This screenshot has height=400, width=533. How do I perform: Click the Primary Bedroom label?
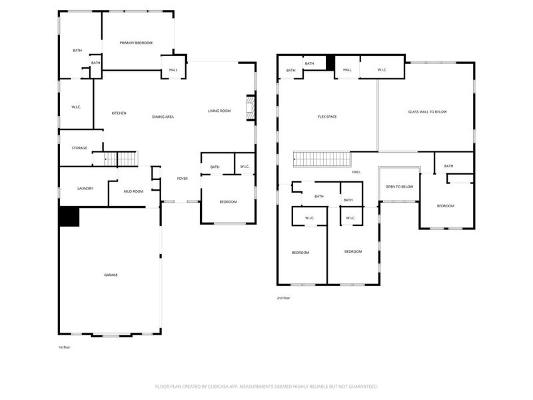(x=136, y=43)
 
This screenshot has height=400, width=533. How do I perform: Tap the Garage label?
(x=111, y=275)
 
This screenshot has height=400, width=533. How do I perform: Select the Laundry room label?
(x=85, y=189)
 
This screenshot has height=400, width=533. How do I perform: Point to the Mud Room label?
(x=134, y=191)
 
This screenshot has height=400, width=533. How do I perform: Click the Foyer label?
(x=182, y=179)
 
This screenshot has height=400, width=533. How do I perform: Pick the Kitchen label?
(x=119, y=113)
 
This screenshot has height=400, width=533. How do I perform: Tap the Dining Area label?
(x=163, y=117)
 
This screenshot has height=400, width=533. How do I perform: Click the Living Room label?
(x=219, y=111)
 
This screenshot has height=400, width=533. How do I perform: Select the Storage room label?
(x=80, y=148)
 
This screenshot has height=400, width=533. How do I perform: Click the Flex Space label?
(x=327, y=117)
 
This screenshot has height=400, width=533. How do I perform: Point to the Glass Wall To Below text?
(x=428, y=111)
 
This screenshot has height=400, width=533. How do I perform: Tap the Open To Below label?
(x=400, y=187)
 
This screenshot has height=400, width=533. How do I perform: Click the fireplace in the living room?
(x=250, y=109)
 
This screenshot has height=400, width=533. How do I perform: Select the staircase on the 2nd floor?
(x=322, y=160)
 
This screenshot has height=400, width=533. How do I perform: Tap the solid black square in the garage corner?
(x=69, y=217)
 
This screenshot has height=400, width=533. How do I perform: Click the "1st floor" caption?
(x=64, y=347)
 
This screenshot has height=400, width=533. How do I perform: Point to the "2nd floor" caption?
(x=283, y=298)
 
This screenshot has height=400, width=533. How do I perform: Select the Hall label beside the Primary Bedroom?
(x=173, y=69)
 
